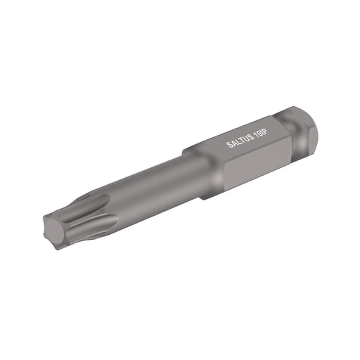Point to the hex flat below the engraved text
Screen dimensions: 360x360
point(246,165)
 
